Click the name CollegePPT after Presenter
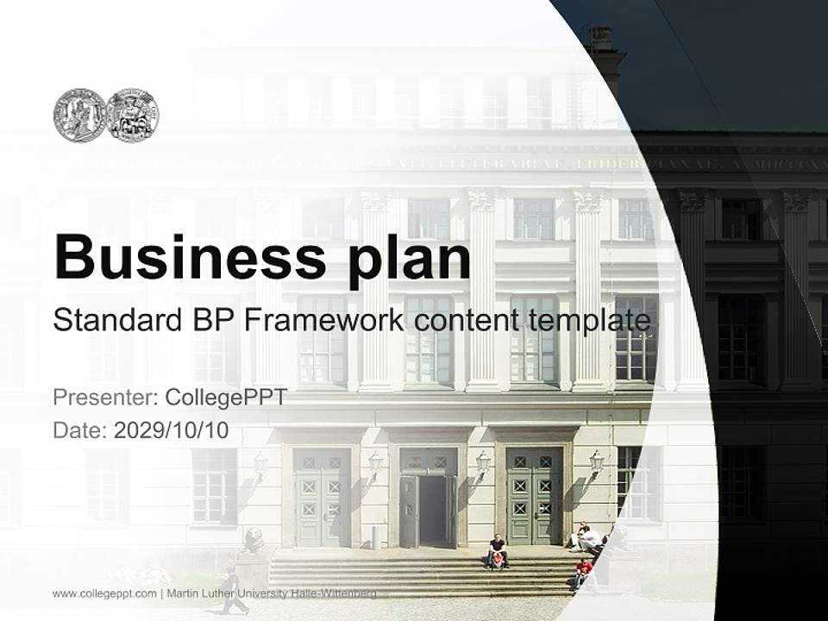coord(225,398)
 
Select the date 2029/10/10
coord(171,430)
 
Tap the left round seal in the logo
coord(79,116)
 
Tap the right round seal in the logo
coord(132,116)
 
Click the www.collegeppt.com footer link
coord(104,593)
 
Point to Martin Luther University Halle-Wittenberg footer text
coord(273,593)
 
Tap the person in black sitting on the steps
coord(497,552)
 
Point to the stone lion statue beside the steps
coord(254,541)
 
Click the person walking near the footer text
coord(231,592)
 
